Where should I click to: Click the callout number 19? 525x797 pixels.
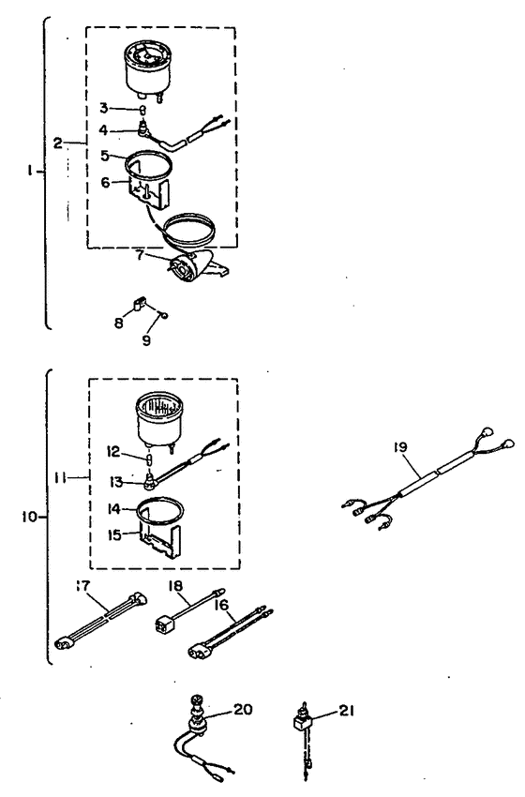tap(400, 447)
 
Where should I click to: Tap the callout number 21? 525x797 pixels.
tap(346, 710)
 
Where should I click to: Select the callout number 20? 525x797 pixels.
tap(243, 709)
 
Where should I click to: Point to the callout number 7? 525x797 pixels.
tap(140, 255)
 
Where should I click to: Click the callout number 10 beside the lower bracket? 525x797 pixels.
tap(29, 517)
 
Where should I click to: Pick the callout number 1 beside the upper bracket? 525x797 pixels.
tap(31, 172)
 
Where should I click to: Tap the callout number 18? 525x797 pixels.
tap(175, 586)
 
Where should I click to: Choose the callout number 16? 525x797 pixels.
tap(221, 605)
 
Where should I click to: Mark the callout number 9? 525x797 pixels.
tap(146, 340)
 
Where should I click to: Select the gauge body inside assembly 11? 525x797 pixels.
tap(160, 419)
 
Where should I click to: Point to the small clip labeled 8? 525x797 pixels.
tap(139, 304)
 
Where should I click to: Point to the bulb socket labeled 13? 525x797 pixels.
tap(150, 481)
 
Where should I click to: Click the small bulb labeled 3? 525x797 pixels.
tap(143, 110)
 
